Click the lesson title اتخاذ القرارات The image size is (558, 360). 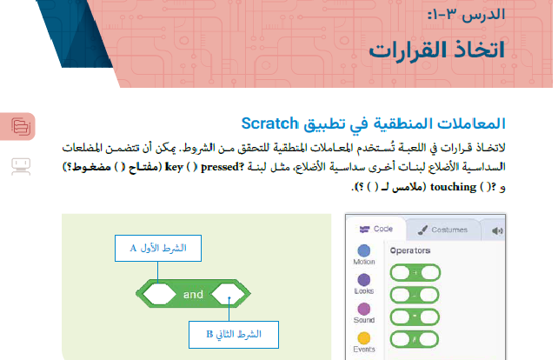tap(450, 49)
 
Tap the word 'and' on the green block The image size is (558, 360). tap(193, 294)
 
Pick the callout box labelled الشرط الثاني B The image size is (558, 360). tap(231, 332)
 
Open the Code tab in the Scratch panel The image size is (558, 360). tap(375, 230)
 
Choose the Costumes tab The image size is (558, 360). tap(443, 230)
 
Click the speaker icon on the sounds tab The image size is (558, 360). tap(497, 230)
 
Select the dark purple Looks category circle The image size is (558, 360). tap(364, 279)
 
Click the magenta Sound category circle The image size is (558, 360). tap(364, 309)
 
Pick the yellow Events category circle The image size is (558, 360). tap(364, 337)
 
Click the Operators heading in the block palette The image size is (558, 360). tap(410, 250)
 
